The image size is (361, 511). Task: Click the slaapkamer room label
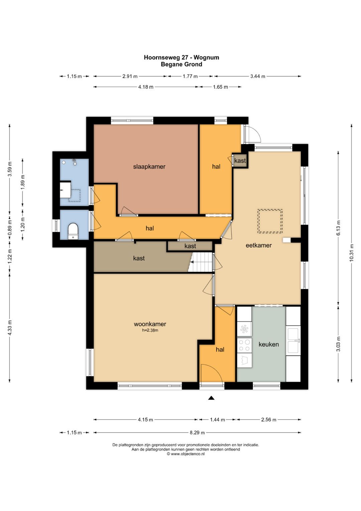point(149,167)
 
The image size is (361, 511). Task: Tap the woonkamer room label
point(150,324)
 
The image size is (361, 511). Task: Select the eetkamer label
point(258,245)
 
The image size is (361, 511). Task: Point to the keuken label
point(268,344)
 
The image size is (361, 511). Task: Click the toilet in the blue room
point(73,231)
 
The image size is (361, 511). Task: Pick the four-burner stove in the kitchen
point(244,345)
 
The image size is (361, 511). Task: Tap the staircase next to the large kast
point(200,262)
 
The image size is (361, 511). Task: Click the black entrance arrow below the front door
point(211,398)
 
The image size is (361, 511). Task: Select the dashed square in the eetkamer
point(270,221)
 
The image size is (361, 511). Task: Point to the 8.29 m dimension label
point(197,432)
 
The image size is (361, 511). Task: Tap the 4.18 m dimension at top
point(146,87)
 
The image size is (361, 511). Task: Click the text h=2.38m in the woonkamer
point(150,330)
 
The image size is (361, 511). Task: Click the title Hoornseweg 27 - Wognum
point(182,58)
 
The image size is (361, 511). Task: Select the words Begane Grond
point(182,64)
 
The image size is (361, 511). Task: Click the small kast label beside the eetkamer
point(240,160)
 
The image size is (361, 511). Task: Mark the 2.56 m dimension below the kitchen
point(269,420)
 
